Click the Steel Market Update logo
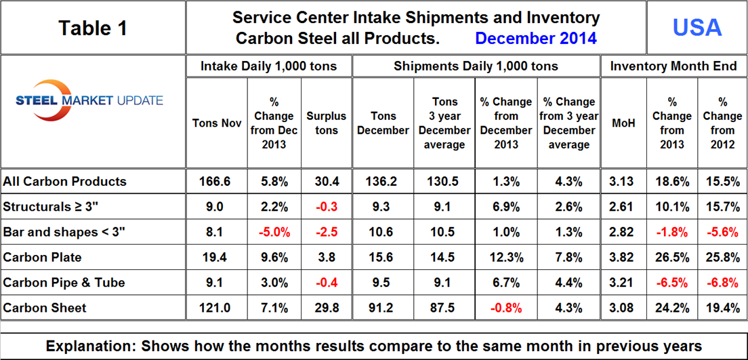[89, 103]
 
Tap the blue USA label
[697, 27]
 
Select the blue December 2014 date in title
[535, 38]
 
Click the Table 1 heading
[92, 28]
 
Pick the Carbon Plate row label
[42, 257]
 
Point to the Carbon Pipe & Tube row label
[64, 282]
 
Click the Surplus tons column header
[326, 123]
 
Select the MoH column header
[623, 123]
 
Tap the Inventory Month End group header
[673, 66]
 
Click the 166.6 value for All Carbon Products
[216, 181]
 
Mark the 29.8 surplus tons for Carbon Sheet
[326, 308]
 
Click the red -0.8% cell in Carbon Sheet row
[506, 308]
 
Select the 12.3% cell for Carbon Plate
[506, 257]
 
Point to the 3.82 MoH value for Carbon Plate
[623, 257]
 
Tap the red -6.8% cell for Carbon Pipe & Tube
[722, 282]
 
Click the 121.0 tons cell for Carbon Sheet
[216, 308]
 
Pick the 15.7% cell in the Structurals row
[722, 206]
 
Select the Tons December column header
[383, 123]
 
